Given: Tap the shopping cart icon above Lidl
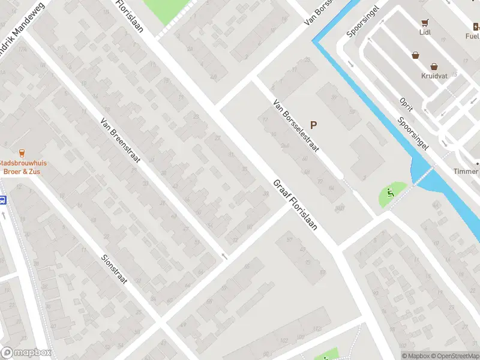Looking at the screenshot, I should [425, 24].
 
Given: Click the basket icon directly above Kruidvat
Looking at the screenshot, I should [434, 67].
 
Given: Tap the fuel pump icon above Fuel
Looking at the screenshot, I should [476, 26].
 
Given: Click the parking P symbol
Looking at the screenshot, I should [313, 125].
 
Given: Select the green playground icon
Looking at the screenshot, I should [390, 193].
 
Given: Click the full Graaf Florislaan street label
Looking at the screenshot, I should [295, 206].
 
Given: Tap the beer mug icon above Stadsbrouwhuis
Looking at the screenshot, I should [22, 152].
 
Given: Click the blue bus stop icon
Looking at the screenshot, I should [2, 200].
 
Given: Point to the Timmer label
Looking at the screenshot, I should [466, 172].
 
